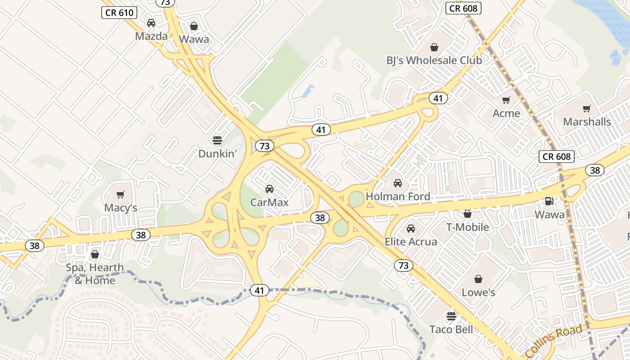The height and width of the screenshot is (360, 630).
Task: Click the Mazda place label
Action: tap(151, 36)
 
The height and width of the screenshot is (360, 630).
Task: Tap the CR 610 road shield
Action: tap(119, 13)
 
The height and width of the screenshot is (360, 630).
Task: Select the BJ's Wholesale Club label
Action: tap(434, 60)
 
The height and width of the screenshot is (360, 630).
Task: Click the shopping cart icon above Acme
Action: tap(506, 100)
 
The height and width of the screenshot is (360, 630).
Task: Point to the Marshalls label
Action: tap(587, 121)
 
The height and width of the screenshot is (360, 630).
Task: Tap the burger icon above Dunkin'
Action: tap(217, 140)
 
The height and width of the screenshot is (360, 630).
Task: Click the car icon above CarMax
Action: tap(270, 189)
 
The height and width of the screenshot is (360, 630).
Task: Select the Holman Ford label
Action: tap(398, 197)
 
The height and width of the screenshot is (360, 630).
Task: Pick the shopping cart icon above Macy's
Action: tap(120, 194)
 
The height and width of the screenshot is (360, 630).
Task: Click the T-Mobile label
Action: tap(467, 227)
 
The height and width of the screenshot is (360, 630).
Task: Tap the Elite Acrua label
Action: tap(410, 242)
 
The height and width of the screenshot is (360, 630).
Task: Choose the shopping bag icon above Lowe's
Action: tap(478, 279)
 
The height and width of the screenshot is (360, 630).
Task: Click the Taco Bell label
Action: tap(451, 329)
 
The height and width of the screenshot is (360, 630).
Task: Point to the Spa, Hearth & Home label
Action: tap(94, 274)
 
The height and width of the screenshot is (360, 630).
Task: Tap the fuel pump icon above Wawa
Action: tap(549, 201)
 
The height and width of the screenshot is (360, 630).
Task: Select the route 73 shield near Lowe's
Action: tap(404, 265)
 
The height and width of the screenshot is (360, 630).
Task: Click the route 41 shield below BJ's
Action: tap(438, 98)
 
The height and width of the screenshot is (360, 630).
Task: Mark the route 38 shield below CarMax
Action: tap(319, 218)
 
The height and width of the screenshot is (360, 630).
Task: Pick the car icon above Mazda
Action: tap(151, 23)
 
